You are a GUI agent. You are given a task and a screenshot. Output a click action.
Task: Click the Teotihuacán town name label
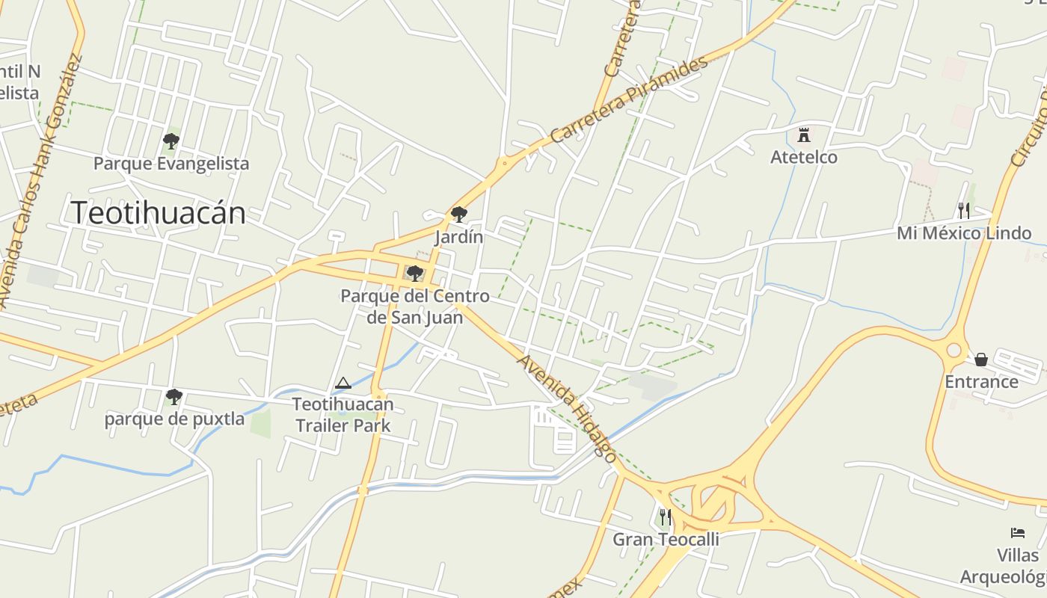coord(158,213)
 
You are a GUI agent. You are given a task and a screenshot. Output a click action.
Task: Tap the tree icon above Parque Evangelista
coord(171,141)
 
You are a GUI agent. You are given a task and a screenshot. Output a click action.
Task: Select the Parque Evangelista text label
coord(171,163)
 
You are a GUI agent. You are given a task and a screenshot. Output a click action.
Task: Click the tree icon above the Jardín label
coord(459,215)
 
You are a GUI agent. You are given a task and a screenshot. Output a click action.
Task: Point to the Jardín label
coord(459,237)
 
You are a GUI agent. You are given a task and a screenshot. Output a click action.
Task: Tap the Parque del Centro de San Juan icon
coord(414,274)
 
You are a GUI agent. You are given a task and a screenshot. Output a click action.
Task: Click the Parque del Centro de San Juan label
coord(415,306)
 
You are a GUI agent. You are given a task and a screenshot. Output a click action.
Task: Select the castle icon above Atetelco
coord(804,135)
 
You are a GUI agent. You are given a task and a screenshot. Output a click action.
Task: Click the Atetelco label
coord(804,157)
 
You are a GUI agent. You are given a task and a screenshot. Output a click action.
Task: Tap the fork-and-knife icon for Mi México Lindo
coord(964,211)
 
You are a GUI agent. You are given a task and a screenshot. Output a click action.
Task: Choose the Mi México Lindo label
coord(964,233)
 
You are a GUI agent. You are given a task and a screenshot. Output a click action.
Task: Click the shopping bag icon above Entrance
coord(981,360)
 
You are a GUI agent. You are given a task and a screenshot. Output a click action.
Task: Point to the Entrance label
coord(981,382)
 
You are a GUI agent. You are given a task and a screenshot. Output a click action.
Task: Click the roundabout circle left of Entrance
coord(954,350)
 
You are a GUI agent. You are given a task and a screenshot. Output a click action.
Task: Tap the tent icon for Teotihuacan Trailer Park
coord(343,383)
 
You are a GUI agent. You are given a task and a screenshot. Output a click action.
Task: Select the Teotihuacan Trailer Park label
coord(343,415)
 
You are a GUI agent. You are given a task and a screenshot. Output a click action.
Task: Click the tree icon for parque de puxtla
coord(174,396)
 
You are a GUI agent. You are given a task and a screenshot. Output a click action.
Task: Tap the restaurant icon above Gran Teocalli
coord(665,517)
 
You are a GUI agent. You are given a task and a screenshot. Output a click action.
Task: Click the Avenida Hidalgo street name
coord(568,408)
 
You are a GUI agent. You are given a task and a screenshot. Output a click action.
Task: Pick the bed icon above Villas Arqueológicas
coord(1018,533)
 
